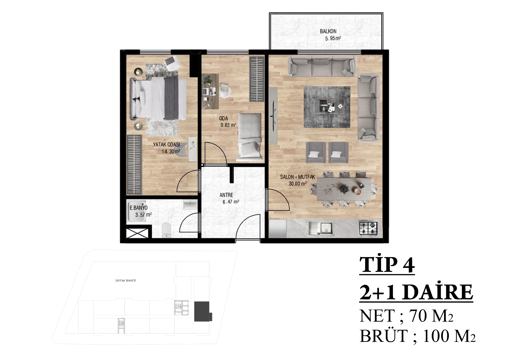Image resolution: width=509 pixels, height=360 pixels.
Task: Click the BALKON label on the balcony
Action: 328,31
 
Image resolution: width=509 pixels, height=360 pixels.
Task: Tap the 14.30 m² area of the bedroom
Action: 171,151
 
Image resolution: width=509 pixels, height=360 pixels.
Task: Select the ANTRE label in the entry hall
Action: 226,195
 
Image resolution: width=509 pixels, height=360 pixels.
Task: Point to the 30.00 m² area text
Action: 298,184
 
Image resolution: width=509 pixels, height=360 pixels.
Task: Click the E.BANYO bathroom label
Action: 138,207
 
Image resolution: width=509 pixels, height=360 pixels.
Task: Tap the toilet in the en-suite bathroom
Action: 166,230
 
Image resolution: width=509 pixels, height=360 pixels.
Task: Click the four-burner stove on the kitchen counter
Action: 368,228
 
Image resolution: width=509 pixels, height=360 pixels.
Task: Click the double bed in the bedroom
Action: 158,98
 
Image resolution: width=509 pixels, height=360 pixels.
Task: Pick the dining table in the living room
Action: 344,189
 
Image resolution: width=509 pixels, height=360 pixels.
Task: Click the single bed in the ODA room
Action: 250,137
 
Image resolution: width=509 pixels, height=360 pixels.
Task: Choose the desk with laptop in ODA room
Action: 210,91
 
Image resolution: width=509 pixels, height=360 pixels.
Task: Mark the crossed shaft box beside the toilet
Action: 137,233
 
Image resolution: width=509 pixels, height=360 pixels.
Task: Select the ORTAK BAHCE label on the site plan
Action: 125,281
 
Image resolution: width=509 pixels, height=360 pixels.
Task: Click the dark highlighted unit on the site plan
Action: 202,311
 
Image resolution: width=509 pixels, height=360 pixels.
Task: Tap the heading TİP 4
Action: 387,265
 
